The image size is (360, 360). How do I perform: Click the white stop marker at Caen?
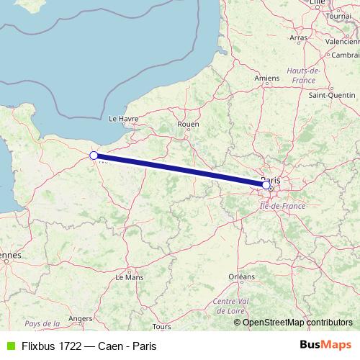pyautogui.click(x=94, y=155)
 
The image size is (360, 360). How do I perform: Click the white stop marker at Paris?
pyautogui.click(x=266, y=185)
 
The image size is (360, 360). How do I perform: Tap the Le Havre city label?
pyautogui.click(x=122, y=118)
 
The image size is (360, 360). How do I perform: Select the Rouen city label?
pyautogui.click(x=187, y=124)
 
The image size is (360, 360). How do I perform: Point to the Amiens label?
pyautogui.click(x=266, y=78)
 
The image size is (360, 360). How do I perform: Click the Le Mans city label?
pyautogui.click(x=130, y=276)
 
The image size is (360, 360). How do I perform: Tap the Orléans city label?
pyautogui.click(x=241, y=276)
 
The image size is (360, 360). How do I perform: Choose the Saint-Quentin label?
pyautogui.click(x=331, y=94)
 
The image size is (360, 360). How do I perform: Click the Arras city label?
pyautogui.click(x=298, y=37)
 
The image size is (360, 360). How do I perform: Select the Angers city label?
pyautogui.click(x=81, y=318)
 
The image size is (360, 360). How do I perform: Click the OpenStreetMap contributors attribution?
pyautogui.click(x=297, y=323)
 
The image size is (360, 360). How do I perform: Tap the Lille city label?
pyautogui.click(x=317, y=4)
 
